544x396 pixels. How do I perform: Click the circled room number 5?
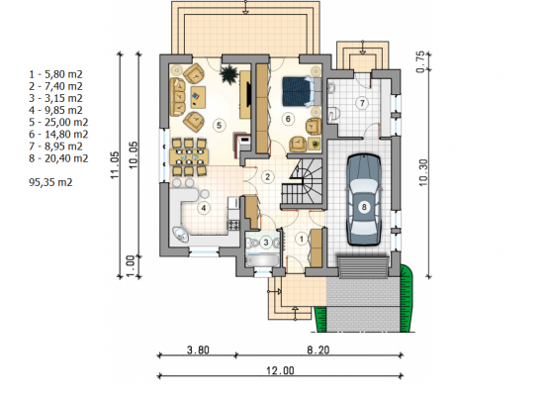pos(219,125)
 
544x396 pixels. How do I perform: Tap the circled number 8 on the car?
pos(364,207)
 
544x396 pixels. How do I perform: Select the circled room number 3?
pos(266,242)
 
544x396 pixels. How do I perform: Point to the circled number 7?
pos(363,103)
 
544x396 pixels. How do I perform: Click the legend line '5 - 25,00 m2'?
pos(58,123)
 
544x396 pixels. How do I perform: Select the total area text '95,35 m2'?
pos(50,182)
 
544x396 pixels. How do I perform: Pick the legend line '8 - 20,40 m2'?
pos(58,158)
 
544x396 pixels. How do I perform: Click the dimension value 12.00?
pos(280,370)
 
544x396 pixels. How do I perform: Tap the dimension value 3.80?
pos(198,349)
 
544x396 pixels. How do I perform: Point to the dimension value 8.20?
pos(318,349)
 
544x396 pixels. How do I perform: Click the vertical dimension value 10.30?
pos(423,172)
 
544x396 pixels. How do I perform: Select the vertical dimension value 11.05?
pos(115,165)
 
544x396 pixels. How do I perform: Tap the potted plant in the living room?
pos(228,74)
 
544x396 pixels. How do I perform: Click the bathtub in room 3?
pos(262,260)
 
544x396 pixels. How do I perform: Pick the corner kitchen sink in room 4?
pos(181,235)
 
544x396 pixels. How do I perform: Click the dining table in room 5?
pos(189,156)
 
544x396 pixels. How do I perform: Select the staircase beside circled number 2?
pos(302,184)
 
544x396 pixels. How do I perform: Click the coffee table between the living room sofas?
pos(198,96)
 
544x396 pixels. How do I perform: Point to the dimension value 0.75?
pos(420,62)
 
